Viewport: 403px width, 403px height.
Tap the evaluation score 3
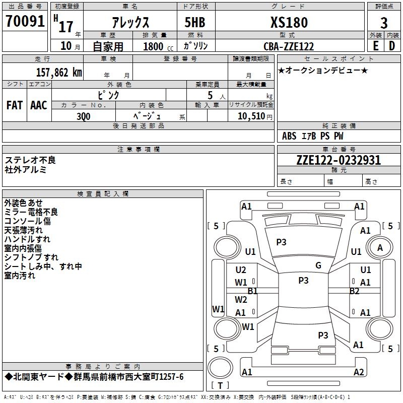coord(384,23)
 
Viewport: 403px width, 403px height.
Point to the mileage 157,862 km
coord(59,72)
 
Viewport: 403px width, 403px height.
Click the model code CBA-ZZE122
coord(289,46)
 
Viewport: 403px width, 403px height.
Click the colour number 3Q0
coord(84,116)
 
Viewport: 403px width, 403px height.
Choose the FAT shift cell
coord(15,105)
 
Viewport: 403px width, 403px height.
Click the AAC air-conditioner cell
coord(38,105)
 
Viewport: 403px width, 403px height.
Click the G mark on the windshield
coord(318,265)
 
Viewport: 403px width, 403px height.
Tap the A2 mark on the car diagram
coord(359,372)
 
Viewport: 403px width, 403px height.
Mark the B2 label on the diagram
coord(355,291)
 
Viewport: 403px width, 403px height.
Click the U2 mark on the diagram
coord(241,270)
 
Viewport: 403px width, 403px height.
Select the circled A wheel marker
coord(380,247)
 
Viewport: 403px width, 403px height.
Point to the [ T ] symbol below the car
coord(219,386)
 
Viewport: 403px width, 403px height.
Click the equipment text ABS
coord(289,136)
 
